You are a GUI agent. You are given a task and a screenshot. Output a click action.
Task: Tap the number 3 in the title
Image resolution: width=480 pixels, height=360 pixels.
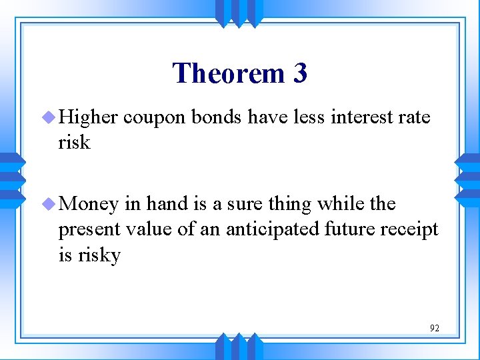(x=299, y=73)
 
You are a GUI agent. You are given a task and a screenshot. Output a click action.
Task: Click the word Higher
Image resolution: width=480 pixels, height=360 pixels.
(x=88, y=119)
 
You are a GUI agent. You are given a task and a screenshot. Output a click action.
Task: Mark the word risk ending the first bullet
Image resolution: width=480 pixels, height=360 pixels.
(x=74, y=143)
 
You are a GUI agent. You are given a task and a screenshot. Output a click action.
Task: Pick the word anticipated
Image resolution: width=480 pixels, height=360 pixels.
(x=275, y=230)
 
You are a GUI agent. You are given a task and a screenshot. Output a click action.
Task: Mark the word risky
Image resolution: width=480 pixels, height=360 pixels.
(x=99, y=255)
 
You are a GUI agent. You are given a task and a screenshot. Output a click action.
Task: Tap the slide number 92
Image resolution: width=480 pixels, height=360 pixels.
(x=435, y=328)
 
